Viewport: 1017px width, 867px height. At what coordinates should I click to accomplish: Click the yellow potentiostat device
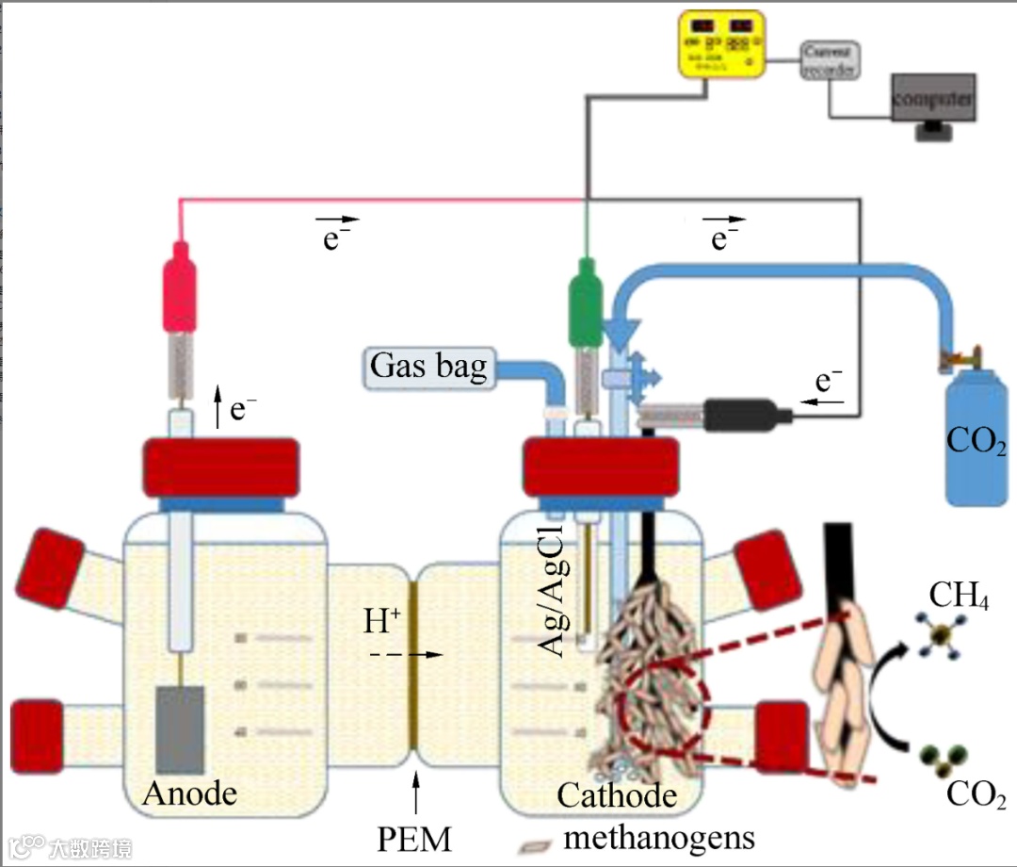721,43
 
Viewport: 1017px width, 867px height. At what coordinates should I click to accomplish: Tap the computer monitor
931,99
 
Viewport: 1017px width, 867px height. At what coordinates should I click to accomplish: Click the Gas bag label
428,366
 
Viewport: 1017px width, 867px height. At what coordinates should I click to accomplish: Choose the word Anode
190,794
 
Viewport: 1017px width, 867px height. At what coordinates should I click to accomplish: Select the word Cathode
617,795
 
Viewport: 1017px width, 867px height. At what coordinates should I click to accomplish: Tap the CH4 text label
959,596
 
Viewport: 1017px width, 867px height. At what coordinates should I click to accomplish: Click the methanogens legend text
659,835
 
